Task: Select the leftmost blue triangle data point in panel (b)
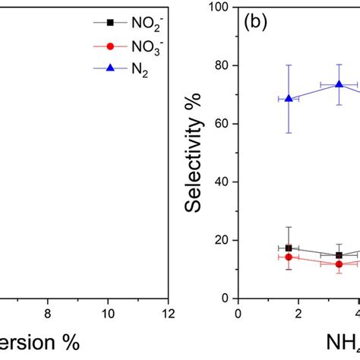pyautogui.click(x=289, y=99)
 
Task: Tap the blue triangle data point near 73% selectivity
pyautogui.click(x=339, y=84)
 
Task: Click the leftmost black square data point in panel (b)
pyautogui.click(x=289, y=248)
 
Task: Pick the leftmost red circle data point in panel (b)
pyautogui.click(x=289, y=257)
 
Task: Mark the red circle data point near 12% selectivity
pyautogui.click(x=339, y=264)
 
